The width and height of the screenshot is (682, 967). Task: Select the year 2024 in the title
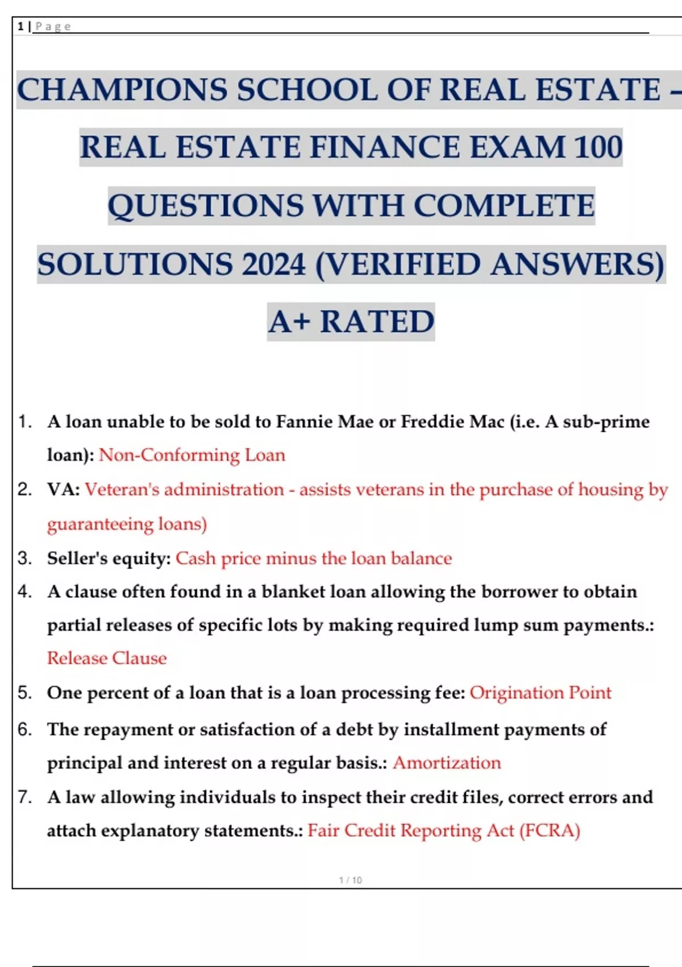(274, 265)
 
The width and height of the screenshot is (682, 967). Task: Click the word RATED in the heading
(377, 322)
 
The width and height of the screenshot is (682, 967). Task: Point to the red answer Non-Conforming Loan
(192, 455)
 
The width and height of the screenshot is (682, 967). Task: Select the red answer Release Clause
(107, 658)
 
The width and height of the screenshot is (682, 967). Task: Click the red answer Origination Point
(540, 693)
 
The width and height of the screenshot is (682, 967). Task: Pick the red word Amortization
(447, 763)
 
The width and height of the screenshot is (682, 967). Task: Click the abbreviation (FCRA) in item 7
(550, 830)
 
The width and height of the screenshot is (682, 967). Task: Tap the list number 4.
(24, 592)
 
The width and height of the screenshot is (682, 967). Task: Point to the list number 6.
(24, 729)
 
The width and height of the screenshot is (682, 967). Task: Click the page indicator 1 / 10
(350, 880)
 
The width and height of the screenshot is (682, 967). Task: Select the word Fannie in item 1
(305, 421)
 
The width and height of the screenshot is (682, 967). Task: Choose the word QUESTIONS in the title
(206, 206)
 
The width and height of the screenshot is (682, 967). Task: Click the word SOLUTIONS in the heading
(135, 265)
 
